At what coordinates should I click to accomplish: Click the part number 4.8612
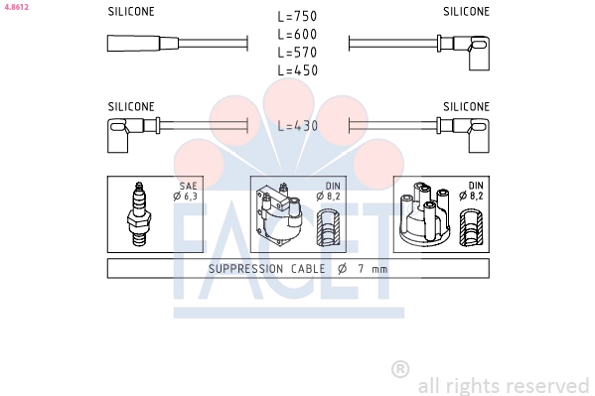pos(16,7)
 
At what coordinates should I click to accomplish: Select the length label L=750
pos(297,16)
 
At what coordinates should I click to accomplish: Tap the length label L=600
pos(297,35)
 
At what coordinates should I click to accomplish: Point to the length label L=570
pos(297,53)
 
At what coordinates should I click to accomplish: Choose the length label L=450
pos(298,70)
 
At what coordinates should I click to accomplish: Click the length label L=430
pos(298,126)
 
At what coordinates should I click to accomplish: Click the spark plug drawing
pos(139,214)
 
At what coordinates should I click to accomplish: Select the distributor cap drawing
pos(425,213)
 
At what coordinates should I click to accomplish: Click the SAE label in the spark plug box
pos(188,186)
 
